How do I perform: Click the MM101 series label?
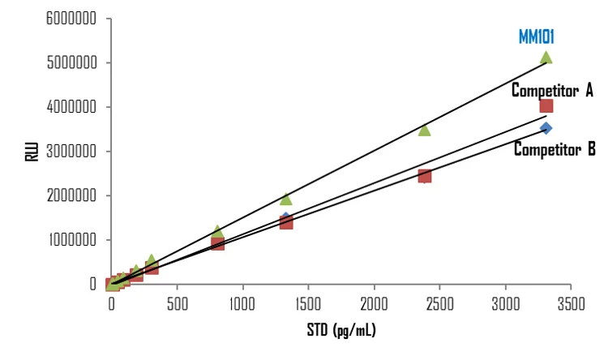point(536,37)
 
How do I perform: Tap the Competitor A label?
point(551,90)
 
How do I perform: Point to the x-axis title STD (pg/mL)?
point(342,330)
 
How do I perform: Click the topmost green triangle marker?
point(546,57)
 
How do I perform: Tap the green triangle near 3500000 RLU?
point(424,130)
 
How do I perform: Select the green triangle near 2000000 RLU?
point(285,199)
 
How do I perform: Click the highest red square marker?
point(546,106)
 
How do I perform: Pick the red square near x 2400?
point(424,176)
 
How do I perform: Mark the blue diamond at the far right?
point(546,128)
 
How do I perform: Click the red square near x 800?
point(217,243)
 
